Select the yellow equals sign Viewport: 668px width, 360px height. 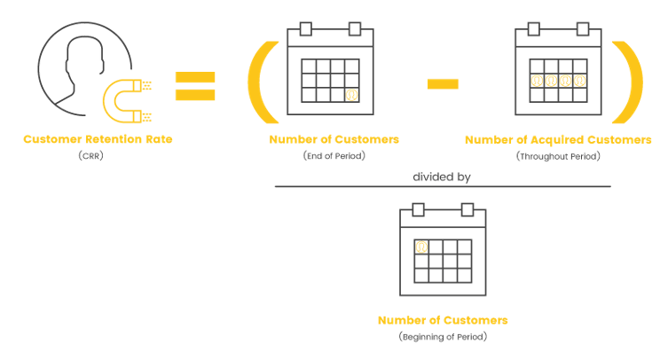[x=195, y=86]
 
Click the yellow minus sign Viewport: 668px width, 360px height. [x=443, y=84]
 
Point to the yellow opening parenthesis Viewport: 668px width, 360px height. [x=255, y=82]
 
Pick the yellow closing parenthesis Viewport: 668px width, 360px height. [x=635, y=82]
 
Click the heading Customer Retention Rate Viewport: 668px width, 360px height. [x=98, y=139]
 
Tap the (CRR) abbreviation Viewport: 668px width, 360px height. [x=90, y=155]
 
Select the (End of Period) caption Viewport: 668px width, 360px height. [x=334, y=155]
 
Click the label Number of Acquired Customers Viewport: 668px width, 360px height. [x=558, y=140]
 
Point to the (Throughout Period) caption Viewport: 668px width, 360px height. [x=558, y=156]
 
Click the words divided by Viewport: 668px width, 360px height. [x=442, y=176]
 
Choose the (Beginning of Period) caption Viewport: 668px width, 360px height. [x=443, y=337]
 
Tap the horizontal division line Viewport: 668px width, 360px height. [x=443, y=186]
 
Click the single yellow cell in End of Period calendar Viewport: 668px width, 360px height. [x=352, y=95]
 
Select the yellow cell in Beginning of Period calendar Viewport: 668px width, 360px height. [x=421, y=247]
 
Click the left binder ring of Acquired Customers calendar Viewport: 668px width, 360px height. [x=533, y=29]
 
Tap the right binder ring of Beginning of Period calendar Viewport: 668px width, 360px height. [x=468, y=209]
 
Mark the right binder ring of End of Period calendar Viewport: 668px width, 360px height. [x=355, y=29]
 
